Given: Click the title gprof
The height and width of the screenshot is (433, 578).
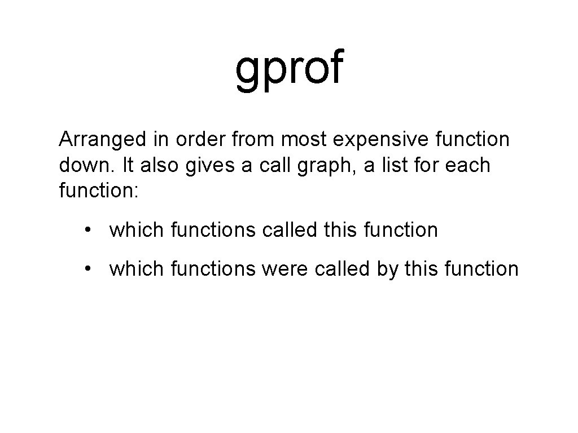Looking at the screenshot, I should (289, 69).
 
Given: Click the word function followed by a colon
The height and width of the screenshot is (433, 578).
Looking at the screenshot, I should (98, 191).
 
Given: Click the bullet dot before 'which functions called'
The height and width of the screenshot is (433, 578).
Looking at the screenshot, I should (88, 230).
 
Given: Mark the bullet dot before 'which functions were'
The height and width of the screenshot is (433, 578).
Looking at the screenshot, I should (88, 269).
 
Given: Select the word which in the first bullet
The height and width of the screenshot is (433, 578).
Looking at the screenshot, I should (136, 230).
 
